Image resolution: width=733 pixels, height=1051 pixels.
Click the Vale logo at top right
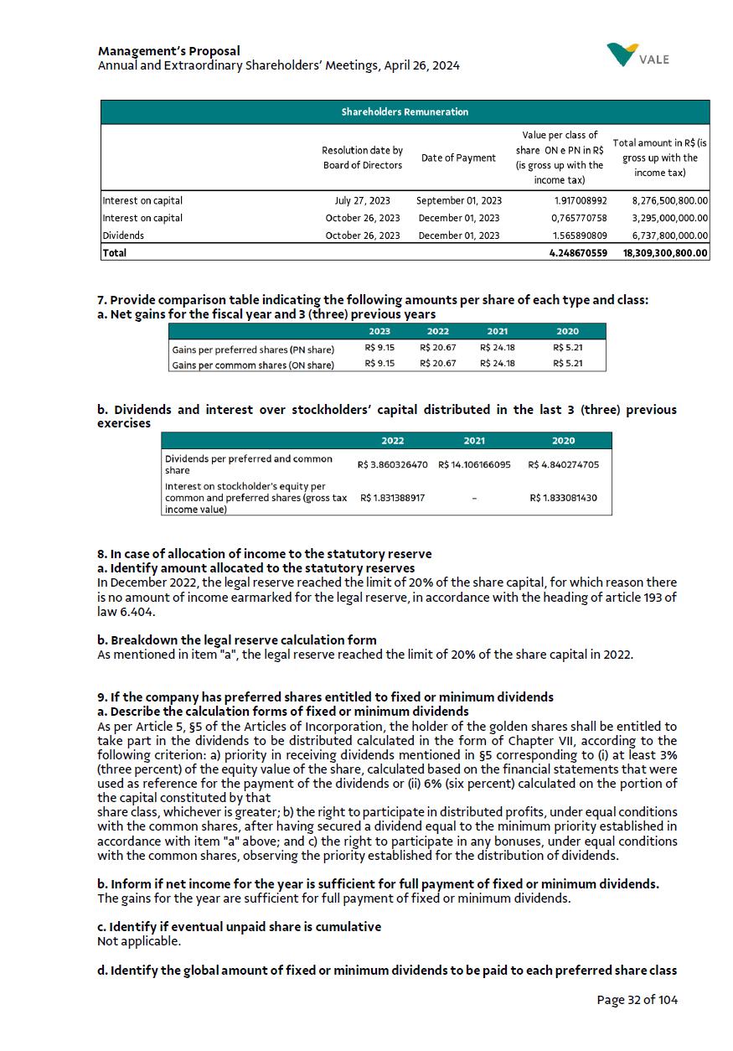(638, 55)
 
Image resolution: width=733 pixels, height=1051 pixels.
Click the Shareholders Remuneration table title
(405, 111)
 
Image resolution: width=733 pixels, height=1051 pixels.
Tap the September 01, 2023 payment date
(458, 200)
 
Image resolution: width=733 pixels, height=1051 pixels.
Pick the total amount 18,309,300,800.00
(665, 252)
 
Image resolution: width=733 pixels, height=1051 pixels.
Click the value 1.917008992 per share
(580, 200)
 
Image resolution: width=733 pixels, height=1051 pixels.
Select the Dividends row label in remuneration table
(122, 236)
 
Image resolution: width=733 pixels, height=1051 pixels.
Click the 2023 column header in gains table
(379, 331)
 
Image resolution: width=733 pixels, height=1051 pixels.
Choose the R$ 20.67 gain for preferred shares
(437, 348)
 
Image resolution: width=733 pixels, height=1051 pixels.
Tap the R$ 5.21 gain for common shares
(567, 364)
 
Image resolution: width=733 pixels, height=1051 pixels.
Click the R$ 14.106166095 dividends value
(474, 463)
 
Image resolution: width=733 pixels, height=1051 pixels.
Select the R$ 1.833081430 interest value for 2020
(564, 498)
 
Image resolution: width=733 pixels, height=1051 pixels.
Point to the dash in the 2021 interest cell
(474, 499)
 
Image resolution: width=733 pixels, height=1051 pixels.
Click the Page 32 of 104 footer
(637, 999)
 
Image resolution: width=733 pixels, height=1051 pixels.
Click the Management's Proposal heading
(168, 51)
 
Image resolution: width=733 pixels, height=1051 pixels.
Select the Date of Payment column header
(458, 158)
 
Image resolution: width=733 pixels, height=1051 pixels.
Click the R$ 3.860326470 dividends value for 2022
(392, 463)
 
